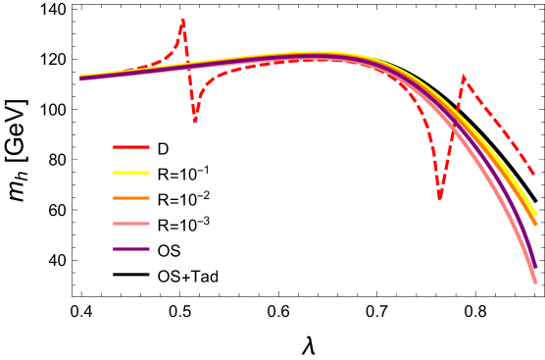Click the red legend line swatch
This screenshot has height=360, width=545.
[x=131, y=147]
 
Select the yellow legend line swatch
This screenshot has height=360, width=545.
[x=131, y=173]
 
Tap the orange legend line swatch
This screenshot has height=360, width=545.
[x=131, y=198]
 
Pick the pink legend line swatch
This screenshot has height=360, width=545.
[x=131, y=224]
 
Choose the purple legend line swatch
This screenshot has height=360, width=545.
[x=131, y=249]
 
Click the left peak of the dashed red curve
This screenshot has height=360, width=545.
[x=183, y=21]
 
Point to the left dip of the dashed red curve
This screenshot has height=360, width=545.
[x=195, y=121]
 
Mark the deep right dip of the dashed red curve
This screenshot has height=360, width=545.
[x=439, y=199]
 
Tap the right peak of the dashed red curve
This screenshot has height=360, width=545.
[x=464, y=77]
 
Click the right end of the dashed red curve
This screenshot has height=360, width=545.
[x=534, y=175]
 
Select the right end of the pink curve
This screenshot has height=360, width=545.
[x=536, y=283]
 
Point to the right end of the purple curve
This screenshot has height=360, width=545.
[x=536, y=266]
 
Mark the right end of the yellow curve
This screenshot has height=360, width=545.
[x=536, y=214]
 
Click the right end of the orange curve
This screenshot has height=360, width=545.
[x=536, y=225]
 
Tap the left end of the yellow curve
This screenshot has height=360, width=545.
[x=80, y=77]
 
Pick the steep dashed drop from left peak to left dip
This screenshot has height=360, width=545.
[x=189, y=74]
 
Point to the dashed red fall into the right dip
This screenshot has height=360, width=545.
[x=429, y=137]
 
